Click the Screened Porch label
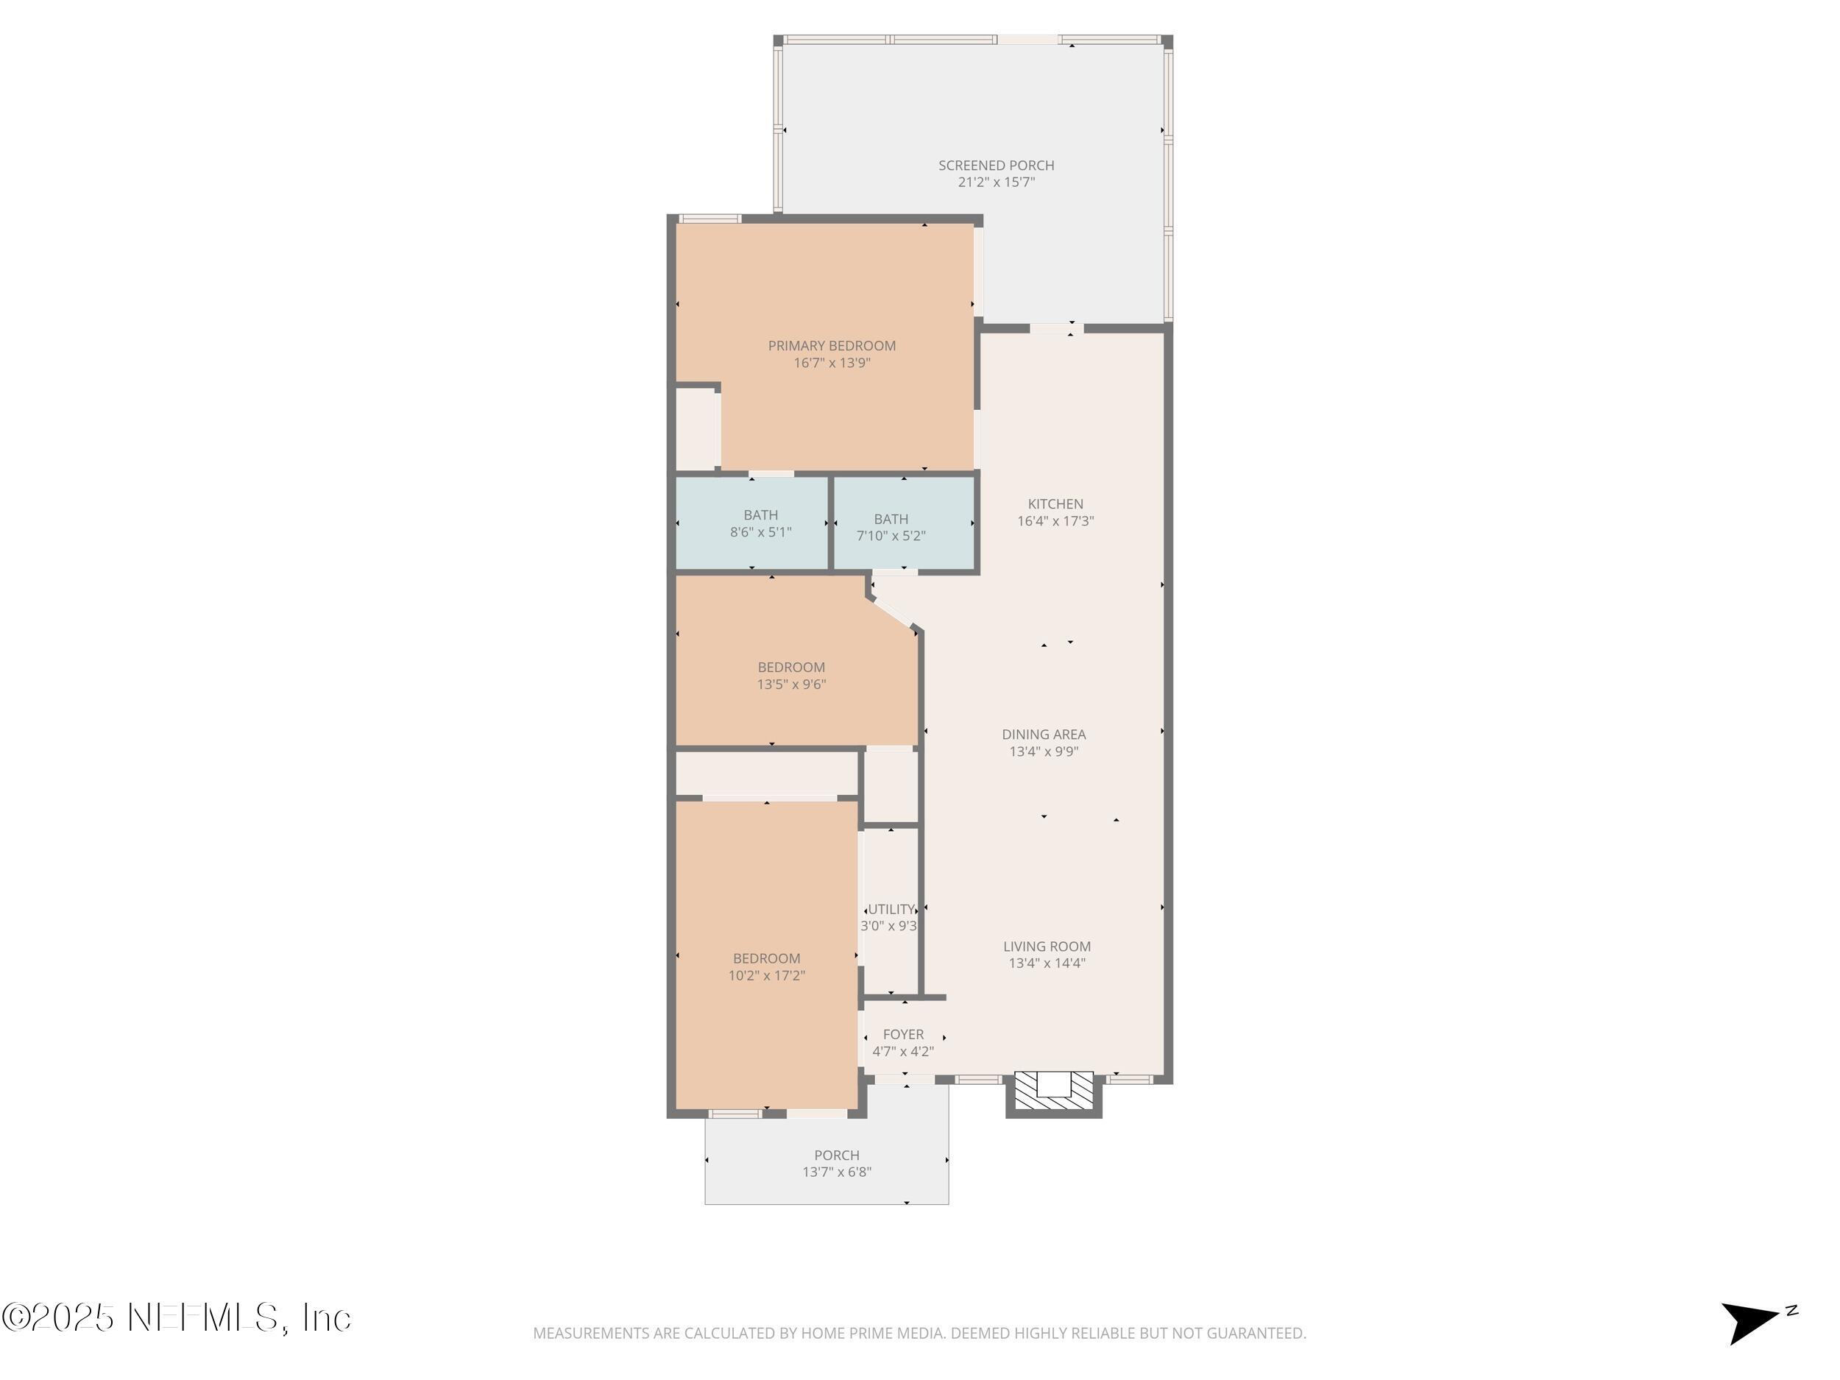coord(996,166)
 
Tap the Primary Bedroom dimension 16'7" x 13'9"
coord(831,364)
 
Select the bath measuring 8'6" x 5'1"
coord(760,524)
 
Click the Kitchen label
coord(1055,504)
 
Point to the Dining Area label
coord(1043,735)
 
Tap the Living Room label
coord(1047,946)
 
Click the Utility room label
coord(891,909)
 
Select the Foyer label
coord(902,1035)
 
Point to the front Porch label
coord(836,1156)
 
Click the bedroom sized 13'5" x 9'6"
coord(790,676)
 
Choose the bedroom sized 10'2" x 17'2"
coord(766,967)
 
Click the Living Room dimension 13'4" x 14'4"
coord(1047,964)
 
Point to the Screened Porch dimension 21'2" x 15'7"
coord(996,183)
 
